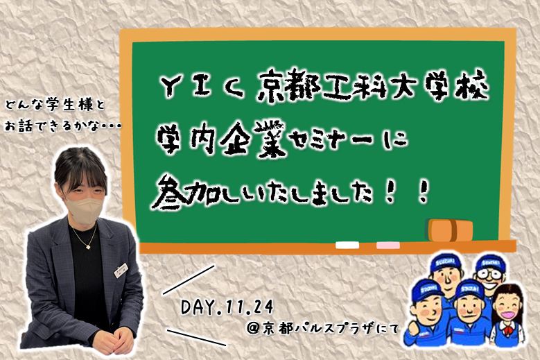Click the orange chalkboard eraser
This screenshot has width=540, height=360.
click(x=449, y=230)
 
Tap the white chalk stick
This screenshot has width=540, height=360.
click(x=347, y=246)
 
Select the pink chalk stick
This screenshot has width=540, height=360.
click(x=388, y=246)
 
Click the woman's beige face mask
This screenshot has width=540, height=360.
click(x=85, y=207)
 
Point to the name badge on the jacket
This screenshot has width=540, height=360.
click(x=121, y=270)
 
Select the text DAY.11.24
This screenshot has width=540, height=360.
click(x=227, y=307)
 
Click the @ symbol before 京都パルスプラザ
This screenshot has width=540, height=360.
click(x=253, y=329)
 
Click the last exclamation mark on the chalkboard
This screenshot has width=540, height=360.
click(x=421, y=193)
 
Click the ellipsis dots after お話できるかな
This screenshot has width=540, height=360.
click(x=110, y=127)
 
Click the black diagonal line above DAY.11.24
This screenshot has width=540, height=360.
click(x=189, y=280)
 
